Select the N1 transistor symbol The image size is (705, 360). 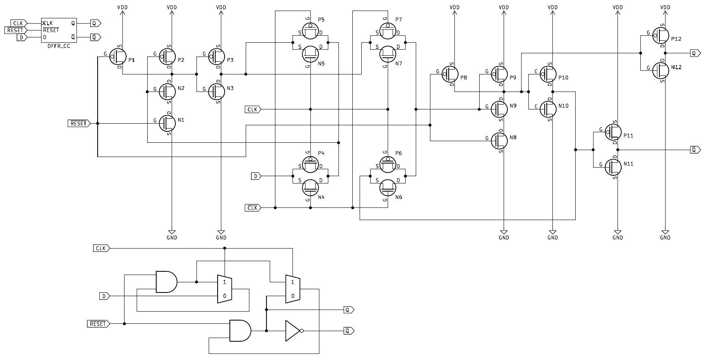tap(167, 123)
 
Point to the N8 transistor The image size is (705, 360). tap(499, 140)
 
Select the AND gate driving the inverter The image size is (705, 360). tap(240, 331)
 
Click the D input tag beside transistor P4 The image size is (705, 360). tap(256, 176)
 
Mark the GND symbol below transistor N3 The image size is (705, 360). tap(221, 235)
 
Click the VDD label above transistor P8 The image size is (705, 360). tap(454, 7)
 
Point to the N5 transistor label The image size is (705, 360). tap(321, 63)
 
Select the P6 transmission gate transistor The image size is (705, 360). tap(388, 164)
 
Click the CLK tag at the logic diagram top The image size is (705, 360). tap(100, 248)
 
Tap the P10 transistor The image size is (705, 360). tap(548, 74)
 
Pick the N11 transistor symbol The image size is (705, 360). tap(613, 167)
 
